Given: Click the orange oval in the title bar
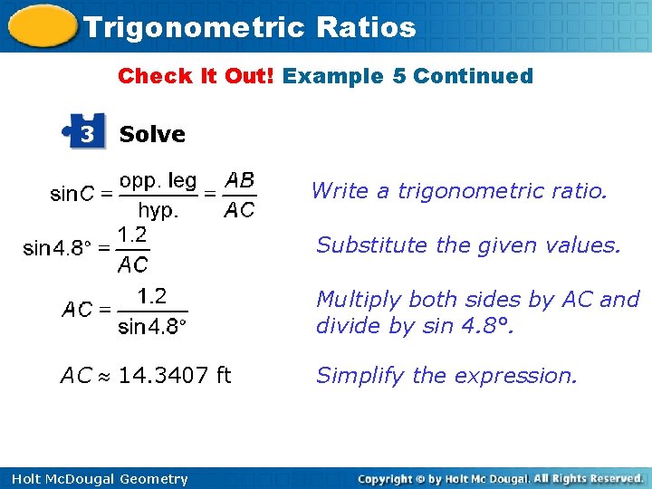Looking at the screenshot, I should coord(41,26).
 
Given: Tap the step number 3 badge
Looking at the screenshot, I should coord(87,134).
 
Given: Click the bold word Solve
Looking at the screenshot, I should coord(152,134).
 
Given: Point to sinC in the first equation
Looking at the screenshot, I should coord(73,194).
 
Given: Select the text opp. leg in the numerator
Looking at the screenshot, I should coord(158,180).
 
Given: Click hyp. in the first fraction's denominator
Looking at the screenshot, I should coord(158,210).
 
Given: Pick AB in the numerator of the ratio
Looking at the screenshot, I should coord(239,179).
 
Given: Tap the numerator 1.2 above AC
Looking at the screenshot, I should coord(132,234).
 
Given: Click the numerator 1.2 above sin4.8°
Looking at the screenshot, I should coord(151,295).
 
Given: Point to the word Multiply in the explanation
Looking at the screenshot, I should coord(354,300).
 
